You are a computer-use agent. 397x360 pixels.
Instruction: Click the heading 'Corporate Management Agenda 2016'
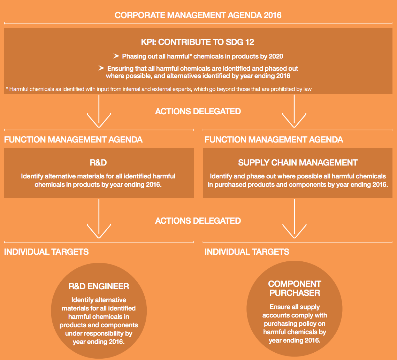pyautogui.click(x=198, y=15)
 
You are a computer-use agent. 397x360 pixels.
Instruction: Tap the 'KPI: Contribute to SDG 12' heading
pyautogui.click(x=198, y=43)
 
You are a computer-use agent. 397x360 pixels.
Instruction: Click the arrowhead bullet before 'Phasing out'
pyautogui.click(x=116, y=56)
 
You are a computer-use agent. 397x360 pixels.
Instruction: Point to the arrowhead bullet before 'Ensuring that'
pyautogui.click(x=101, y=68)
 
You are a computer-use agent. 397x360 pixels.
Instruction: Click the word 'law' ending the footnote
pyautogui.click(x=307, y=89)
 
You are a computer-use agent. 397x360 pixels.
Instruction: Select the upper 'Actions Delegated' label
pyautogui.click(x=198, y=112)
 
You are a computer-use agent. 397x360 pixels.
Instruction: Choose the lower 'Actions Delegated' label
pyautogui.click(x=198, y=221)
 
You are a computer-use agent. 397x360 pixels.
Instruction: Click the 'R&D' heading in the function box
pyautogui.click(x=99, y=162)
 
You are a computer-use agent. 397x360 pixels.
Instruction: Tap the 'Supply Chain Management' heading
pyautogui.click(x=298, y=162)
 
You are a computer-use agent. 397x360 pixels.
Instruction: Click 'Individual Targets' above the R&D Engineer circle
pyautogui.click(x=46, y=252)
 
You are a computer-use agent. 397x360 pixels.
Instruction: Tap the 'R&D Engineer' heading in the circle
pyautogui.click(x=99, y=286)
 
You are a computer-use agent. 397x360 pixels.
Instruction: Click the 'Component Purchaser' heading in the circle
pyautogui.click(x=295, y=288)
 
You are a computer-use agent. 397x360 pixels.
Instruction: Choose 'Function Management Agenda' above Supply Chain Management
pyautogui.click(x=274, y=140)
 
